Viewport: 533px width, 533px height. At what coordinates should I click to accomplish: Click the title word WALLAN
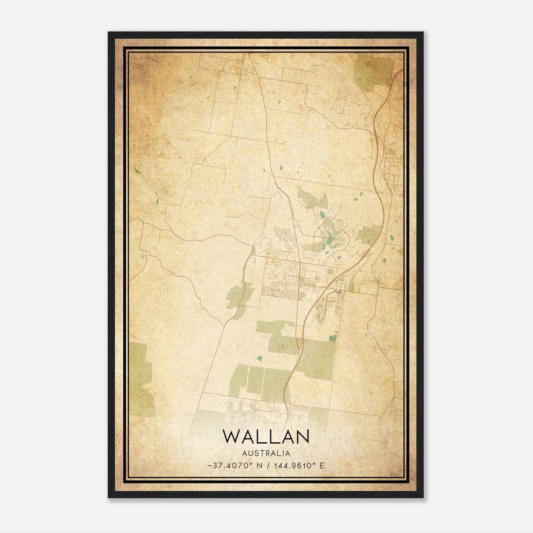coord(266,436)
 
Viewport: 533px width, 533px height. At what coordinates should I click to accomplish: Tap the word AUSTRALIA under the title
coord(266,453)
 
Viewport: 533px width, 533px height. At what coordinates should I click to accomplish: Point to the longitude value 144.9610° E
coord(298,466)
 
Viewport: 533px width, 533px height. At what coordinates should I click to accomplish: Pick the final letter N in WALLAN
coord(302,436)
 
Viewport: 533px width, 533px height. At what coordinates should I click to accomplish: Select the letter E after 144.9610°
coord(322,466)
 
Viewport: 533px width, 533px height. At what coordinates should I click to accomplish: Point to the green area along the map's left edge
coord(141,380)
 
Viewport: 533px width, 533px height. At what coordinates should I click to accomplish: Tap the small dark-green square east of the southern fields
coord(332,338)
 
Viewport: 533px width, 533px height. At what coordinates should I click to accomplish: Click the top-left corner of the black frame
coord(109,33)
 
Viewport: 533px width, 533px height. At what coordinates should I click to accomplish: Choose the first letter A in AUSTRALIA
coord(245,453)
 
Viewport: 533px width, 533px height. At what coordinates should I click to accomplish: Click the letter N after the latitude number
coord(259,466)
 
